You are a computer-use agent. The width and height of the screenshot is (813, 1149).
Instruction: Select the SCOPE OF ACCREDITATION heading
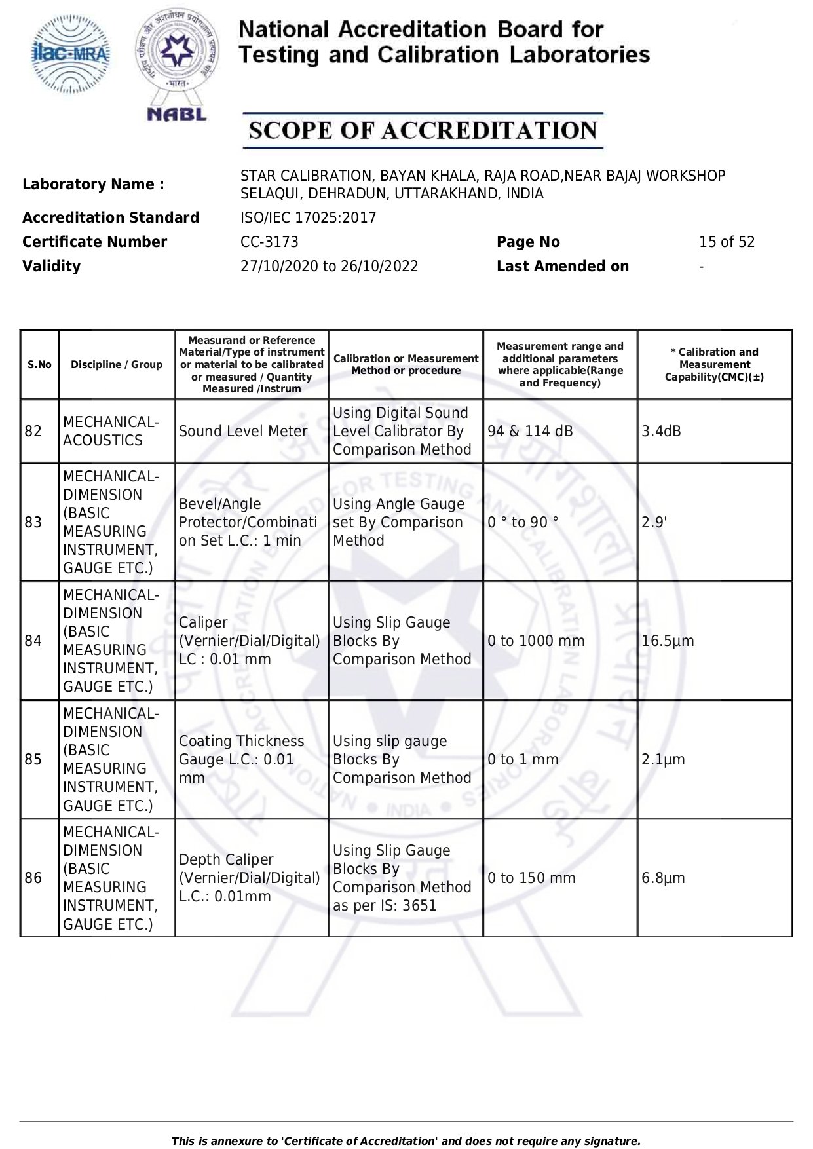pyautogui.click(x=423, y=130)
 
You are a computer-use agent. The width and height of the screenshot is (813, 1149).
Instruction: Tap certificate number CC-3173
pyautogui.click(x=269, y=242)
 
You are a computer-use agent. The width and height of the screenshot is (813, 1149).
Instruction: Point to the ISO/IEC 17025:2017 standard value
pyautogui.click(x=308, y=217)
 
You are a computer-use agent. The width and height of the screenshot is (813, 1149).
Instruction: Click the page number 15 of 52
pyautogui.click(x=727, y=242)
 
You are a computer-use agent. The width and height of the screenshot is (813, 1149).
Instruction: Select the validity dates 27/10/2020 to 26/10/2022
pyautogui.click(x=329, y=266)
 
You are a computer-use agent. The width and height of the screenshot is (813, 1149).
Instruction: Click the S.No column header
pyautogui.click(x=39, y=365)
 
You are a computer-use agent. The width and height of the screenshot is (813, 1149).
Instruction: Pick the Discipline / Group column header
pyautogui.click(x=117, y=365)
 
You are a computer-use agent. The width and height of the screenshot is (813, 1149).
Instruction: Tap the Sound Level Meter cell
pyautogui.click(x=243, y=431)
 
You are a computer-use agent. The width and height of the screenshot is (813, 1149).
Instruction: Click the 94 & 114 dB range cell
pyautogui.click(x=530, y=431)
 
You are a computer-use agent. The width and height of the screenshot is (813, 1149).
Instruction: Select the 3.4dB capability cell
pyautogui.click(x=661, y=431)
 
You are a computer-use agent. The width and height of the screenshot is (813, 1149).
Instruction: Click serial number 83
pyautogui.click(x=33, y=522)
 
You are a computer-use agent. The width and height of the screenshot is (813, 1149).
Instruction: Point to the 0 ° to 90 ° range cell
pyautogui.click(x=523, y=522)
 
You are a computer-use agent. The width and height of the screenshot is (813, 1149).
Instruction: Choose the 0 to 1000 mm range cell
pyautogui.click(x=536, y=641)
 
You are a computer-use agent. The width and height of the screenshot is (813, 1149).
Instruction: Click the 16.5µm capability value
pyautogui.click(x=668, y=641)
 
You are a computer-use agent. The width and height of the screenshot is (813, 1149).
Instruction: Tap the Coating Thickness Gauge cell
pyautogui.click(x=241, y=759)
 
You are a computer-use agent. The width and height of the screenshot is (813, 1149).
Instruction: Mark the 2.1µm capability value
pyautogui.click(x=663, y=759)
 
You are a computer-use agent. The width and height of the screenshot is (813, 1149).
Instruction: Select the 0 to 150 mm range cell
pyautogui.click(x=531, y=878)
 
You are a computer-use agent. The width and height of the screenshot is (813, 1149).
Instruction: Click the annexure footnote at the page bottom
pyautogui.click(x=406, y=1140)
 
